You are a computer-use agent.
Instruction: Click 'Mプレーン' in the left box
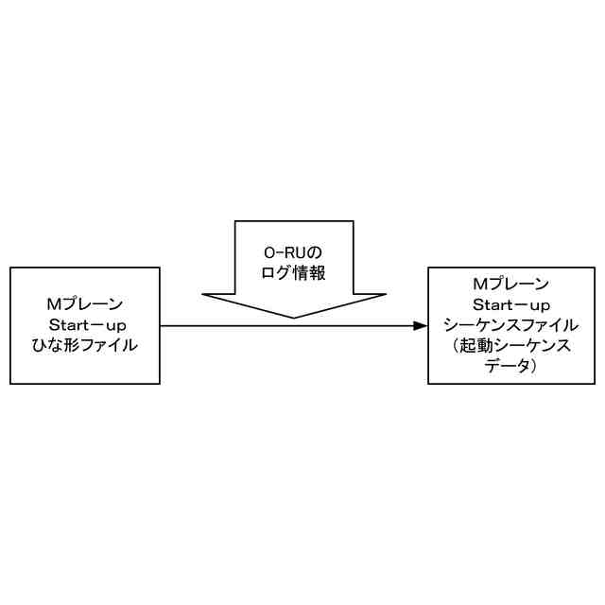point(85,304)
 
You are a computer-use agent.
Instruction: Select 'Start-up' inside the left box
point(85,325)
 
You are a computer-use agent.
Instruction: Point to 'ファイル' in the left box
point(107,346)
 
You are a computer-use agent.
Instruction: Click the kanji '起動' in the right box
point(476,346)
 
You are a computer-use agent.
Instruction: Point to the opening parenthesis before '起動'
point(456,346)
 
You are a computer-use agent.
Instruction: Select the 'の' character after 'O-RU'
point(315,253)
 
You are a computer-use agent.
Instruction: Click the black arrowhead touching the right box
point(421,326)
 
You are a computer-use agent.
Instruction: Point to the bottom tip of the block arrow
point(294,317)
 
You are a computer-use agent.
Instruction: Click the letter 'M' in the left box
point(54,304)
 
